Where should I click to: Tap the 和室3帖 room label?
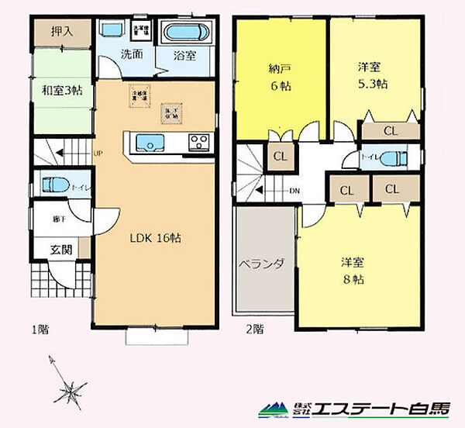point(63,90)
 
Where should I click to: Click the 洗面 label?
point(129,55)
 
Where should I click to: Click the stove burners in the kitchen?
point(198,143)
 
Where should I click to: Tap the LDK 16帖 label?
point(155,239)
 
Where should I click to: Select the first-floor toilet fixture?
point(55,186)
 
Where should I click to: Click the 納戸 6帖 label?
point(278,76)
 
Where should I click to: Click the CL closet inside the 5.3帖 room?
point(391,130)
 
